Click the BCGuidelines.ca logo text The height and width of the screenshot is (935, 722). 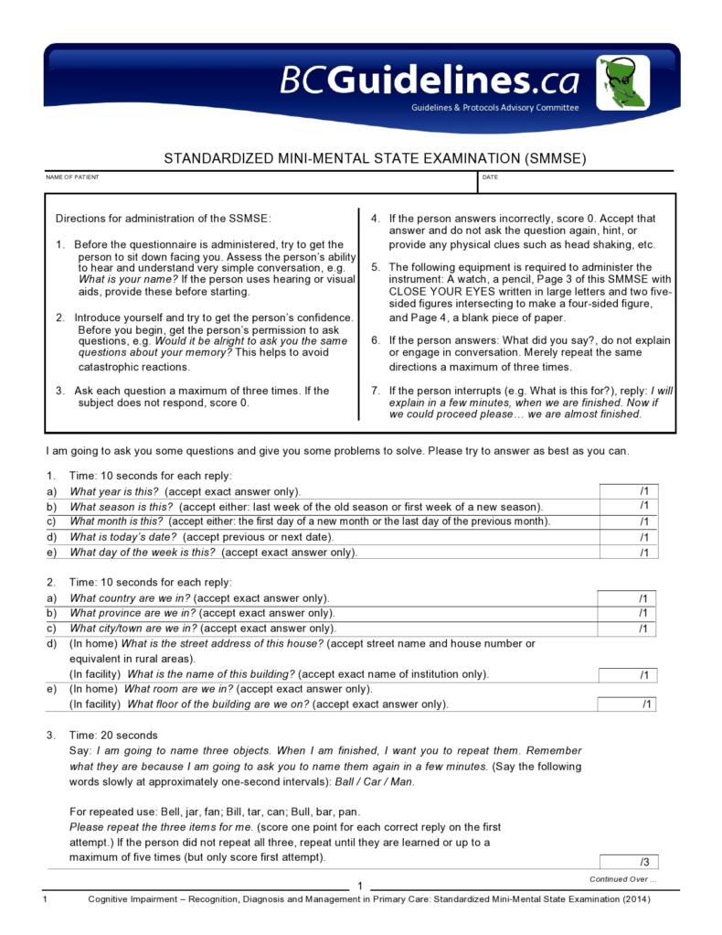pyautogui.click(x=429, y=81)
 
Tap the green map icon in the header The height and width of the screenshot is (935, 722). pyautogui.click(x=623, y=82)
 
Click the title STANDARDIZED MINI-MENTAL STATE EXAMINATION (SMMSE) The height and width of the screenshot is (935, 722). pyautogui.click(x=375, y=158)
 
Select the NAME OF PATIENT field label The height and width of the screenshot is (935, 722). pyautogui.click(x=73, y=177)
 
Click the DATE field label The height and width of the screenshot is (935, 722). pyautogui.click(x=490, y=177)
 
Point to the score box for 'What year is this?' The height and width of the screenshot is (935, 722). pyautogui.click(x=628, y=491)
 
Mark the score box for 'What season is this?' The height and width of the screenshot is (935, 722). pyautogui.click(x=628, y=506)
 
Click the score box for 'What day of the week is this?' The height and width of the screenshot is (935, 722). pyautogui.click(x=628, y=552)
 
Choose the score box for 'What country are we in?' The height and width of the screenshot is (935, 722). pyautogui.click(x=627, y=598)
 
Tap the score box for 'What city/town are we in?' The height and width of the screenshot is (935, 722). pyautogui.click(x=627, y=629)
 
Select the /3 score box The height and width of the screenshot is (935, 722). pyautogui.click(x=629, y=862)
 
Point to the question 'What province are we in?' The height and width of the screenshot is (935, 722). pyautogui.click(x=133, y=613)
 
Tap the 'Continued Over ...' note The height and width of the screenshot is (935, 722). pyautogui.click(x=622, y=879)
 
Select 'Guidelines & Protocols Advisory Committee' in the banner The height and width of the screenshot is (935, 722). pyautogui.click(x=494, y=107)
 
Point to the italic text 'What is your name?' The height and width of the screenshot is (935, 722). pyautogui.click(x=127, y=279)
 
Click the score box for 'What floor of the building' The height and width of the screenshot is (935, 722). pyautogui.click(x=627, y=704)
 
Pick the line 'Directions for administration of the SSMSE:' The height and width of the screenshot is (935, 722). pyautogui.click(x=164, y=219)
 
